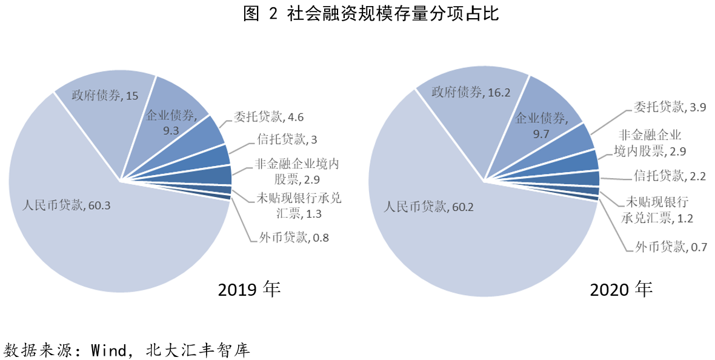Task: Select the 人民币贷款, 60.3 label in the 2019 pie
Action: pyautogui.click(x=66, y=205)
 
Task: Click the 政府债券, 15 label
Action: pyautogui.click(x=105, y=95)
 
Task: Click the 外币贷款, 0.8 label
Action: pyautogui.click(x=290, y=237)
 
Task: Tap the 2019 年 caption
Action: pyautogui.click(x=249, y=289)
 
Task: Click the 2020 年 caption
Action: pyautogui.click(x=621, y=289)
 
